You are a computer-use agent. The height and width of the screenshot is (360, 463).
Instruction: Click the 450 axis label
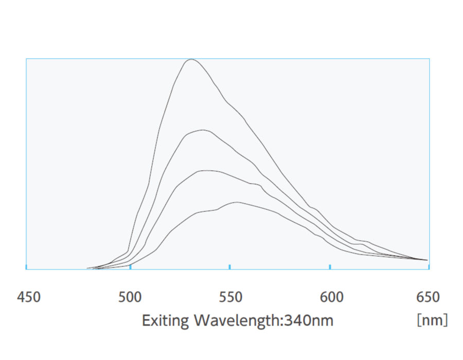(29, 297)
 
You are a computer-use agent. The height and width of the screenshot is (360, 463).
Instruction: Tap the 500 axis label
(130, 297)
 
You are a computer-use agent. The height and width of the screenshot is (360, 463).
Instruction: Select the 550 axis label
(230, 297)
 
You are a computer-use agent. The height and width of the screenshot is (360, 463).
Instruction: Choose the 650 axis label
(428, 297)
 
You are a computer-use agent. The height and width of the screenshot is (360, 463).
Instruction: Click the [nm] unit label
(432, 320)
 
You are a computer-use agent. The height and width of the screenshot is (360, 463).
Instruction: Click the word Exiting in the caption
(166, 321)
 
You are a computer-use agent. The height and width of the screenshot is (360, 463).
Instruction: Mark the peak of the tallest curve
(191, 59)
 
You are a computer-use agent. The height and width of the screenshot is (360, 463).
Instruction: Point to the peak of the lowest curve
(237, 202)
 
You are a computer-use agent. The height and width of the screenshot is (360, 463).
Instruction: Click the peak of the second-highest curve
(203, 130)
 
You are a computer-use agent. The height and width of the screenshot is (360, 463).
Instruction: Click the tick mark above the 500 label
(131, 266)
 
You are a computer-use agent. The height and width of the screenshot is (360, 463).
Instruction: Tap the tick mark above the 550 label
(229, 266)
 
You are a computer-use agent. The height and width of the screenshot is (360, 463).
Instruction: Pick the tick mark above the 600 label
(330, 266)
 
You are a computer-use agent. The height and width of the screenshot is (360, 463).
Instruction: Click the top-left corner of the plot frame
(26, 59)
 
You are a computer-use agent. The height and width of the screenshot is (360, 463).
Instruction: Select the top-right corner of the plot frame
(429, 59)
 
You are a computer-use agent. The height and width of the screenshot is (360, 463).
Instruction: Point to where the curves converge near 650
(426, 260)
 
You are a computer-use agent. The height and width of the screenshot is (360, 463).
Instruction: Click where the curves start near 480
(89, 268)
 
